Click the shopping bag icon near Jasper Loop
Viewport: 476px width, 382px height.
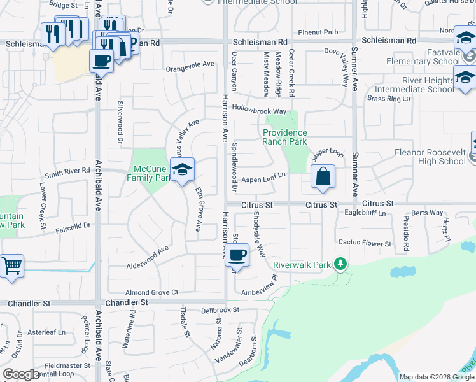[x=323, y=176]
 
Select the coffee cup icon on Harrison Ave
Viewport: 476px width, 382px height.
[x=237, y=256]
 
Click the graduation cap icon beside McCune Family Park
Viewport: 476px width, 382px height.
[x=182, y=170]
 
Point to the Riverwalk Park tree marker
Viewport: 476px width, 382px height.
[x=341, y=264]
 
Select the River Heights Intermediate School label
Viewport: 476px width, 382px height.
[x=419, y=85]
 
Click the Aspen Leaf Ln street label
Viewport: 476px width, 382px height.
[x=263, y=180]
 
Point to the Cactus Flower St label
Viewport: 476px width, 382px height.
[x=365, y=243]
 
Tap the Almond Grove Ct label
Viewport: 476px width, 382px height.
[x=151, y=292]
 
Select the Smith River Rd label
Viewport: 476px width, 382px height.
[x=67, y=172]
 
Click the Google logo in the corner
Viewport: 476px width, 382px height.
[x=21, y=374]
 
